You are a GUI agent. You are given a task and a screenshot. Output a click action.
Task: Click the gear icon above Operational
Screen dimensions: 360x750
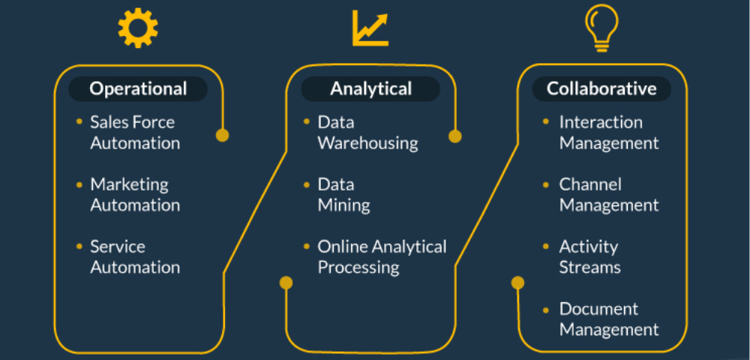point(138,29)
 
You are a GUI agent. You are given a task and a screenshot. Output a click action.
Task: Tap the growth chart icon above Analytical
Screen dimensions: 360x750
point(370,28)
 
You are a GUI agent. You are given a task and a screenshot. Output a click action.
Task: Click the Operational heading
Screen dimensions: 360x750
point(138,88)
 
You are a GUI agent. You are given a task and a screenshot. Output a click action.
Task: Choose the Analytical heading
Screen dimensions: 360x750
point(370,88)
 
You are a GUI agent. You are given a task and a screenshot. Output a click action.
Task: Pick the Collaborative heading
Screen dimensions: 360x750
point(601,88)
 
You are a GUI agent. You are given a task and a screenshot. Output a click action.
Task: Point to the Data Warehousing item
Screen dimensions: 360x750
point(367,132)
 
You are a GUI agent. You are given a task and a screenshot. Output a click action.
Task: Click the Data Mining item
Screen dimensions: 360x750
point(343,194)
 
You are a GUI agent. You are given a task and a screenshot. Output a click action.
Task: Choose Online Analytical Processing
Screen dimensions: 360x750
point(382,256)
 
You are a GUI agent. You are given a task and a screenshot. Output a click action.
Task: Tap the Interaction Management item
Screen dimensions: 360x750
point(609,132)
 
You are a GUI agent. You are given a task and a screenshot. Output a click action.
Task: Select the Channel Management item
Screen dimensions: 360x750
point(609,194)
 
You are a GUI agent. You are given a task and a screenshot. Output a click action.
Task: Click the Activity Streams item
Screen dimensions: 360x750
point(589,256)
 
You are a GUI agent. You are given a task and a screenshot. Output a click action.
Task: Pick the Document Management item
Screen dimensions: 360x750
point(609,319)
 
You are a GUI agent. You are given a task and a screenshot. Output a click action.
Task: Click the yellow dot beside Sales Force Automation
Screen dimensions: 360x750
point(222,136)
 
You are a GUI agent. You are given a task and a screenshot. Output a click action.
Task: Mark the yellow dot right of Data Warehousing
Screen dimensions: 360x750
point(455,136)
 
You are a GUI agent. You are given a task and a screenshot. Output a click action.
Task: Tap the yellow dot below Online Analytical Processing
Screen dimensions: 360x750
point(286,283)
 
